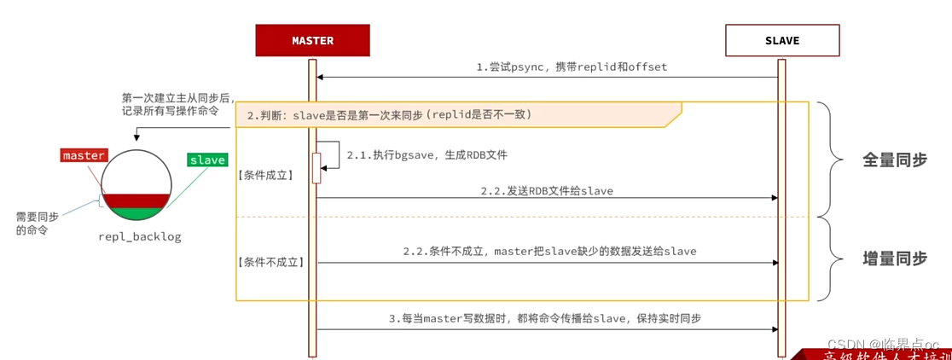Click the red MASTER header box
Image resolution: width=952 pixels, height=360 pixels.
[x=312, y=40]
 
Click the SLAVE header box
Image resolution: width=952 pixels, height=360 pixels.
[x=781, y=40]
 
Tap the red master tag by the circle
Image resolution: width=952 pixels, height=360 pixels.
[x=84, y=155]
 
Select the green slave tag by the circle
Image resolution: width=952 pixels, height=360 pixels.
[x=207, y=160]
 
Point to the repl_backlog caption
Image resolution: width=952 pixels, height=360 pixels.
[x=140, y=236]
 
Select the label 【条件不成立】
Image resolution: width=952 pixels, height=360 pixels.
[x=270, y=262]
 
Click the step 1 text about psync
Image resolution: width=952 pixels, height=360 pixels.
[x=572, y=67]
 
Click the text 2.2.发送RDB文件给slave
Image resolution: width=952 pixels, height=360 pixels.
[x=546, y=191]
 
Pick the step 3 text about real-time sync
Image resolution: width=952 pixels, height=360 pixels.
[x=545, y=318]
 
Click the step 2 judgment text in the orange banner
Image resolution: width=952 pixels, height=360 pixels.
[x=389, y=114]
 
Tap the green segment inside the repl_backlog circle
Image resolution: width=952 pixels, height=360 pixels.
[x=136, y=214]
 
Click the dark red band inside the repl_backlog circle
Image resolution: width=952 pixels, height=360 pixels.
[x=136, y=201]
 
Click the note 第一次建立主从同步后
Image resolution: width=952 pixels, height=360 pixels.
[x=177, y=97]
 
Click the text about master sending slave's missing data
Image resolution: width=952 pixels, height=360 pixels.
[x=549, y=252]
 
